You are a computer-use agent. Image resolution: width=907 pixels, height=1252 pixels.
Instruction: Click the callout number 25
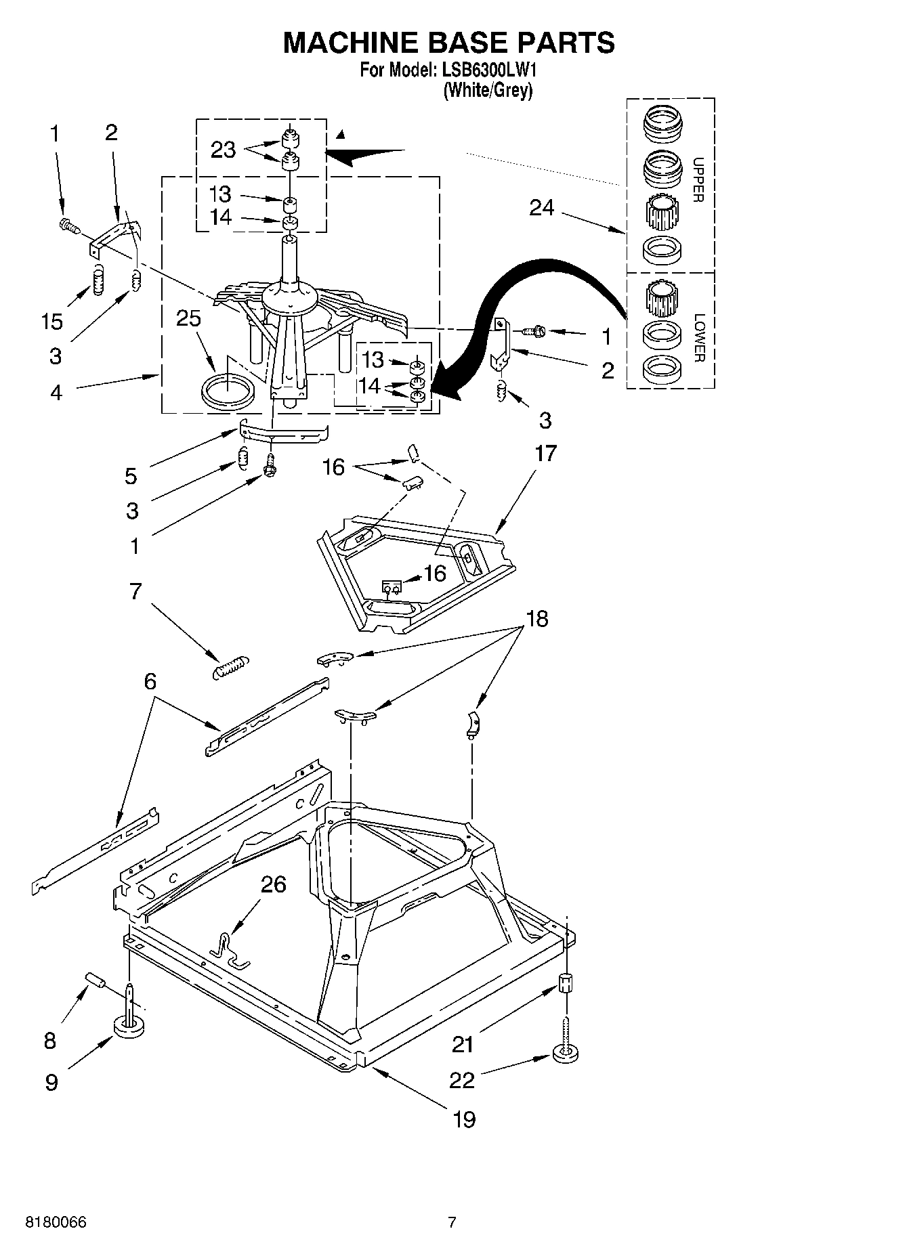point(188,318)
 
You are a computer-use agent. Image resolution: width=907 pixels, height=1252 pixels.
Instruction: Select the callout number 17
point(545,453)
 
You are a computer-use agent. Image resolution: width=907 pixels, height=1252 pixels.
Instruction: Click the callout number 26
point(274,884)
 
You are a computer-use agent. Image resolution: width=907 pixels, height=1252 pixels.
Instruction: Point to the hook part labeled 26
point(229,948)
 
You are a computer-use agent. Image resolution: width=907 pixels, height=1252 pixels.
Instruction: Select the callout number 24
point(541,208)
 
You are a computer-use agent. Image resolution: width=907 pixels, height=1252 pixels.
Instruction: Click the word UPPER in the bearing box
point(699,179)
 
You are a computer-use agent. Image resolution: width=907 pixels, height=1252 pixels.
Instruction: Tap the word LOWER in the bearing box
point(699,337)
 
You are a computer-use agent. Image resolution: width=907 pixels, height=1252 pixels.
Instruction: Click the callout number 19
point(464,1119)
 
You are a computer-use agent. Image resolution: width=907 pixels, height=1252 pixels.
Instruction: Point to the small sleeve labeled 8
point(96,980)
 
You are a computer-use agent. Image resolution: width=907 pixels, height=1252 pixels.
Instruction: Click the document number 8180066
point(56,1222)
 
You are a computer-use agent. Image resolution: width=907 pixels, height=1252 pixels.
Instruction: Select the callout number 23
point(223,150)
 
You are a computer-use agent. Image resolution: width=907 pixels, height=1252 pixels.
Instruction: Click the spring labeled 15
point(99,280)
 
